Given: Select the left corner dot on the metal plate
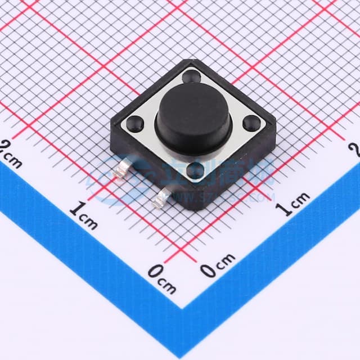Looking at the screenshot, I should coord(136,121).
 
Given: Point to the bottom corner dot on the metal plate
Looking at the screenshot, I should coord(195,170).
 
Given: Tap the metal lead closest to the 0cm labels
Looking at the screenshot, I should coord(163,196).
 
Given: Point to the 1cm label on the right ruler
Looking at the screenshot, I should coord(292,203).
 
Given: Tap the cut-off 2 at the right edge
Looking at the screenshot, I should coord(354,148).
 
